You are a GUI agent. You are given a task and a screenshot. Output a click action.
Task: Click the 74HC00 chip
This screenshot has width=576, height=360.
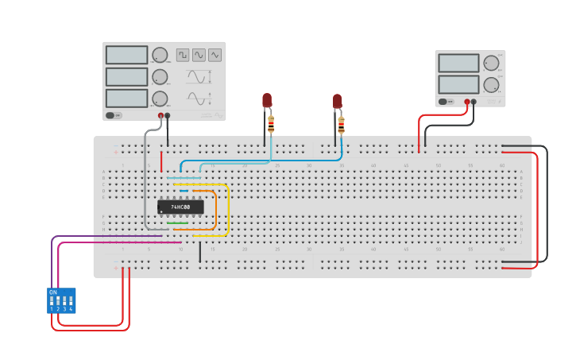(x=180, y=207)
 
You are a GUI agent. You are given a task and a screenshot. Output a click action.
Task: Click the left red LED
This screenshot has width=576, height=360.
(x=267, y=100)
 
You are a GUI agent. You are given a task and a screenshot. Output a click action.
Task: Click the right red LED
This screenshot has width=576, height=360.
(x=338, y=101)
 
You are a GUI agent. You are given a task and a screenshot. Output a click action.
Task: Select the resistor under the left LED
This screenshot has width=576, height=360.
(x=271, y=124)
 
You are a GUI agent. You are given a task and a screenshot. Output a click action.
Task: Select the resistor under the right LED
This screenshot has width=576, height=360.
(x=342, y=126)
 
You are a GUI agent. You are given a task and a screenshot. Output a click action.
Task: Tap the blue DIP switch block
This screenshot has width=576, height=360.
(x=61, y=300)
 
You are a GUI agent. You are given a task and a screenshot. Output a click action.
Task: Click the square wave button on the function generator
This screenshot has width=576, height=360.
(x=183, y=55)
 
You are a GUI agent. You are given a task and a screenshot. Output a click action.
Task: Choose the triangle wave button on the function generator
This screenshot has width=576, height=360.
(x=215, y=55)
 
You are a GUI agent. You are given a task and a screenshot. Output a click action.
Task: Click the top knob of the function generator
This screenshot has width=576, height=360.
(x=160, y=55)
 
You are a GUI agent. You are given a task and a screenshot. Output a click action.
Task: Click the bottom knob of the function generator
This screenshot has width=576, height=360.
(x=160, y=99)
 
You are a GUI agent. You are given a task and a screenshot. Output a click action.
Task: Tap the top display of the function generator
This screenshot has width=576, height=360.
(x=126, y=55)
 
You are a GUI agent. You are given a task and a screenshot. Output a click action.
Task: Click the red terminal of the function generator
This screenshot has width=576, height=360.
(x=161, y=116)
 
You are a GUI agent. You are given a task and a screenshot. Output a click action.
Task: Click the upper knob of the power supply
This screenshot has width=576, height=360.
(x=491, y=63)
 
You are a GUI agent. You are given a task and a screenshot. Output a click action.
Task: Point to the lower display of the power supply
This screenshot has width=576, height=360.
(x=458, y=83)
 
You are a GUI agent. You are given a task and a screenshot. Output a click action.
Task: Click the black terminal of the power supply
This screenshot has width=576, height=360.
(x=474, y=102)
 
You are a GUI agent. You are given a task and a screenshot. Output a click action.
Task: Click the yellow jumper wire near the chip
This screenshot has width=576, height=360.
(x=229, y=211)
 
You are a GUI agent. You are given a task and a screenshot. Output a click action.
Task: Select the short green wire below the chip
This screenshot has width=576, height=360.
(x=177, y=223)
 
